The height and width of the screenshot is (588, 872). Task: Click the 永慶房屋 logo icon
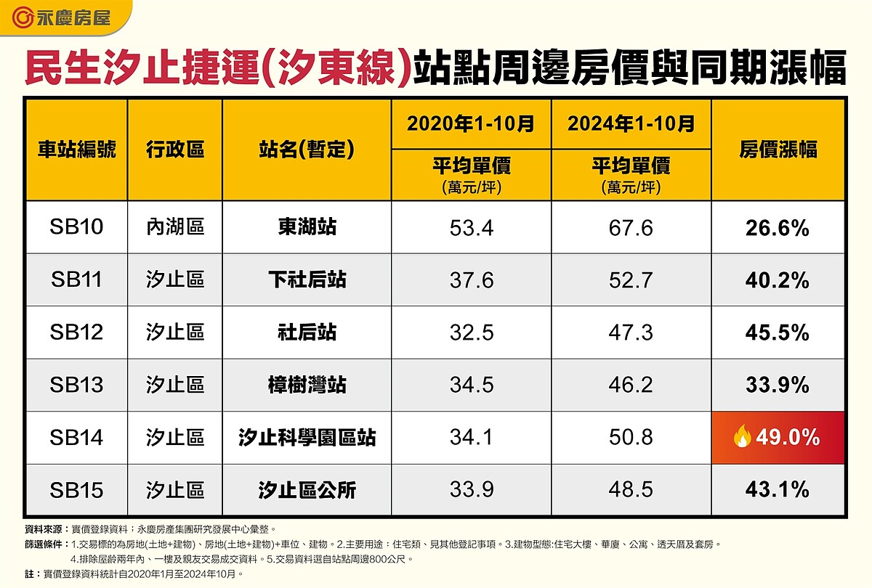(24, 17)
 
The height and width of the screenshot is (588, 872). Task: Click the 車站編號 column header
(76, 150)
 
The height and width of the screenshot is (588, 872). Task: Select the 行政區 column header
(175, 150)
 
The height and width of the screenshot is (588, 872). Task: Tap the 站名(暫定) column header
(307, 150)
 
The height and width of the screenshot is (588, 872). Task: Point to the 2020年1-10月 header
(471, 124)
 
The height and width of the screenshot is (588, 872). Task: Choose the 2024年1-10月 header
(631, 124)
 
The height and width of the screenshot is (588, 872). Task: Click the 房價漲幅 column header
(778, 150)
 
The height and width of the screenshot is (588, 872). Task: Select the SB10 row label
(76, 227)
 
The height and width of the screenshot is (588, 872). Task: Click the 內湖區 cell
(175, 227)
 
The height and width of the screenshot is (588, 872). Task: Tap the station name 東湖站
(307, 227)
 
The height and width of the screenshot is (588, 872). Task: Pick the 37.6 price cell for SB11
(471, 280)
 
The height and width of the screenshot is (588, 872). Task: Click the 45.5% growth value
(778, 332)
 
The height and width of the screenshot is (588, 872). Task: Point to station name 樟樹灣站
(307, 385)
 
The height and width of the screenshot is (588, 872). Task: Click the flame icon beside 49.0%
(741, 437)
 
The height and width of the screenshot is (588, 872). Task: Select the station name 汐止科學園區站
(307, 438)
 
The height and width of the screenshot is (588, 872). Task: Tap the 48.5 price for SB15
(631, 490)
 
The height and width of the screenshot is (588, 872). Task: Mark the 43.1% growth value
(778, 490)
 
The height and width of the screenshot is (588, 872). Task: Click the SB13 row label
(76, 385)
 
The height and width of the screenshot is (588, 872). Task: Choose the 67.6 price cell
(631, 227)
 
